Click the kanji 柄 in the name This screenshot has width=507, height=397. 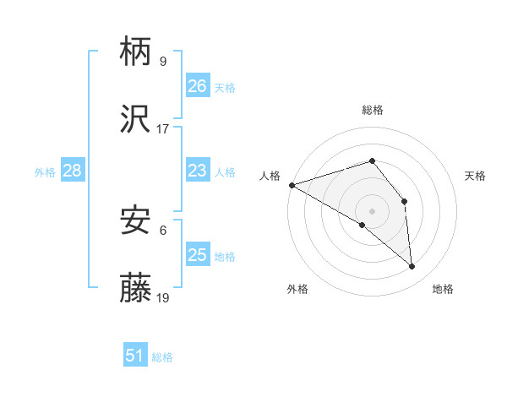pos(136,53)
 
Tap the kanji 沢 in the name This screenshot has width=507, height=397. pos(136,121)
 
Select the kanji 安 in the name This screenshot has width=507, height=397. pos(136,221)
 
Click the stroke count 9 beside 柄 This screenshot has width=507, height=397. pos(162,61)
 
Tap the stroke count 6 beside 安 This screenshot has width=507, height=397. pos(162,229)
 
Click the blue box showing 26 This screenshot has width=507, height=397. pos(197,86)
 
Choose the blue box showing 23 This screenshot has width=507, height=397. pos(197,171)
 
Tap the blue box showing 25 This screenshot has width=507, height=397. pos(197,255)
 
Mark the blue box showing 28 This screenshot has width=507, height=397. pos(72,171)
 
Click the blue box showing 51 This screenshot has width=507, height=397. pos(135,356)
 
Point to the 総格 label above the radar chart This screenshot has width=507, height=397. pos(373,110)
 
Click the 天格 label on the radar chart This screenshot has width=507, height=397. pos(476,176)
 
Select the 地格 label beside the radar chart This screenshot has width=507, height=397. pos(443,289)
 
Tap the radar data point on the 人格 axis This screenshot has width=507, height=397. pos(292,185)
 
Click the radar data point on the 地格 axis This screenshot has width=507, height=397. pos(412,266)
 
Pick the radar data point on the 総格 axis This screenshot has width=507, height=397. pos(372,160)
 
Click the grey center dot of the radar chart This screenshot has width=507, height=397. pos(372,210)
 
